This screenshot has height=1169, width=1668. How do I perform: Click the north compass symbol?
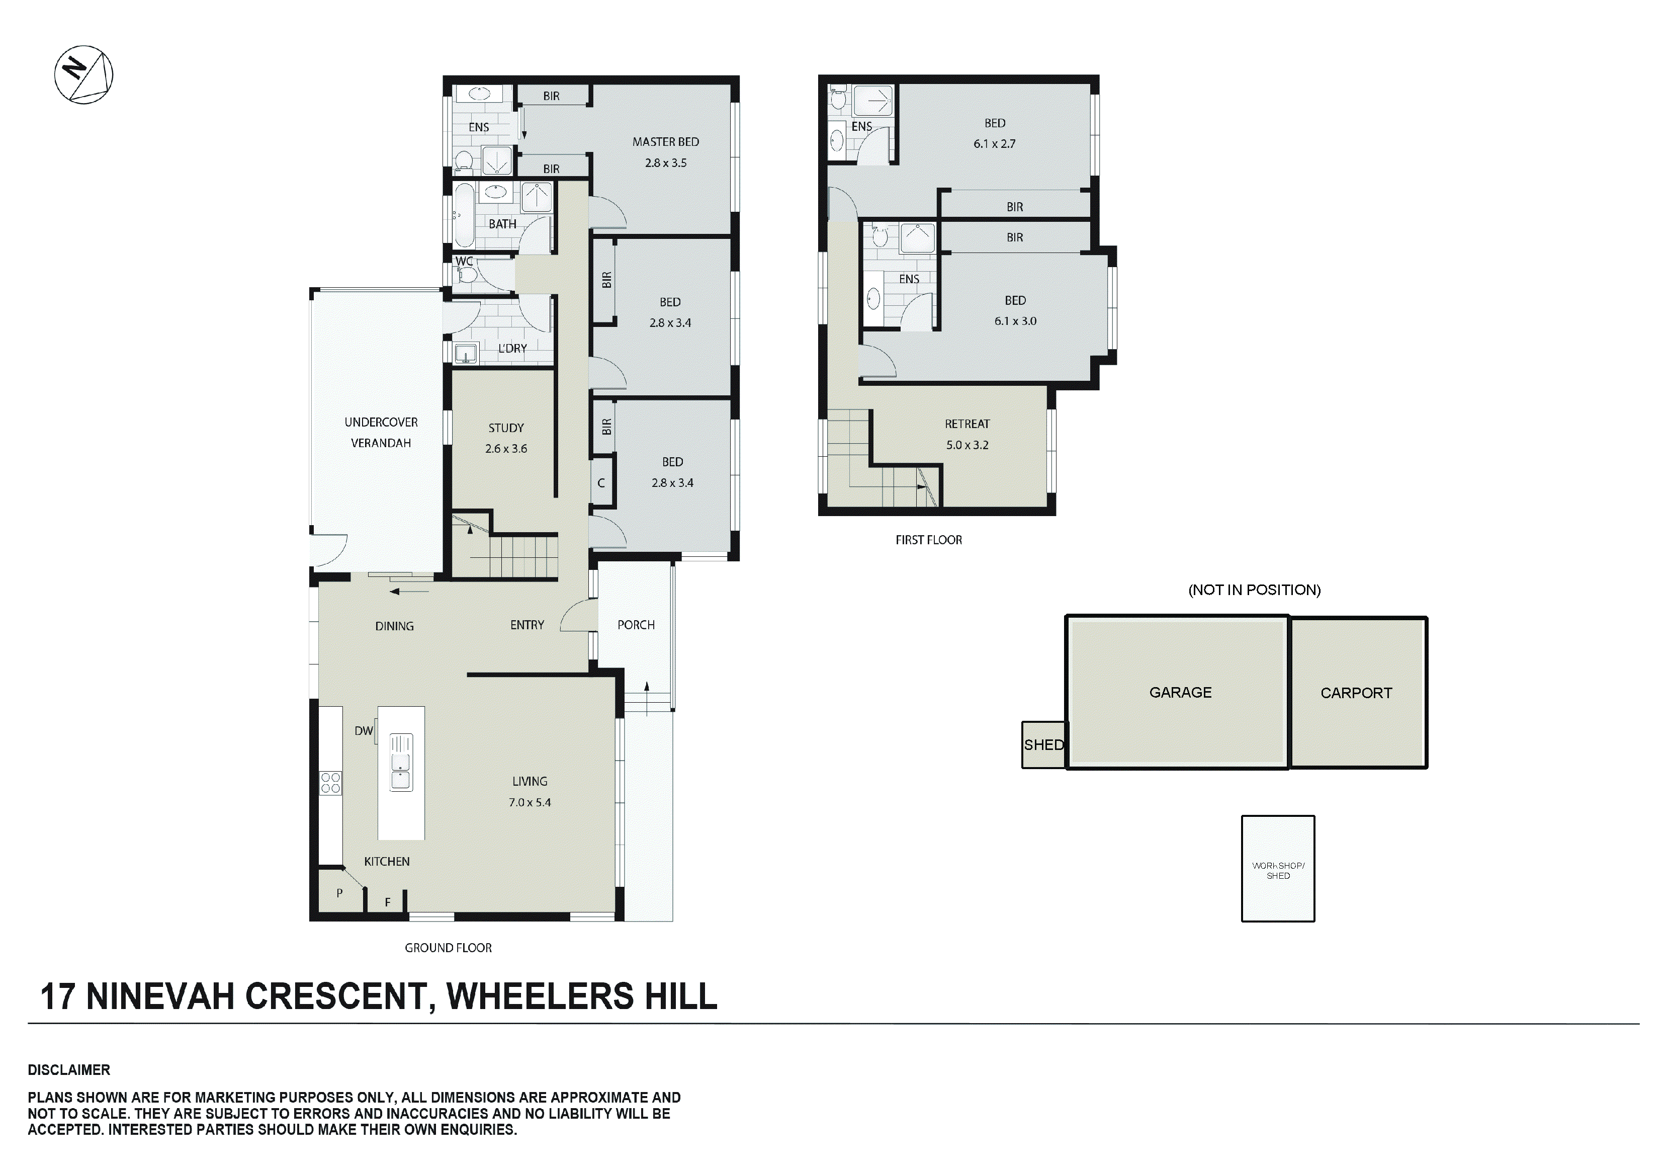click(x=83, y=75)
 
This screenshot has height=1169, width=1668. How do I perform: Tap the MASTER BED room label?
click(x=665, y=142)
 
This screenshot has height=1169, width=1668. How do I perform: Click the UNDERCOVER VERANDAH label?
click(x=381, y=432)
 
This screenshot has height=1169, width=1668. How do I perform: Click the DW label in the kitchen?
click(x=363, y=731)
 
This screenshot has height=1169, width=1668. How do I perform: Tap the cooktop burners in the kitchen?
click(x=330, y=783)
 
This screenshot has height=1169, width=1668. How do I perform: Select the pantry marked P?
click(x=339, y=893)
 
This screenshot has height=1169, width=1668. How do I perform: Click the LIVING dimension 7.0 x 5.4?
click(x=529, y=803)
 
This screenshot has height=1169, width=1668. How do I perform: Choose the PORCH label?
click(x=636, y=625)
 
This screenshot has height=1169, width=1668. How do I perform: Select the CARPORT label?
click(x=1356, y=693)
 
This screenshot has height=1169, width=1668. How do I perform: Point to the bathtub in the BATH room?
click(x=464, y=216)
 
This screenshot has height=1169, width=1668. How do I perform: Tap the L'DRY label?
click(x=512, y=349)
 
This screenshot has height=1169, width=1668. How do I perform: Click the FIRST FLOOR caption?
click(x=928, y=540)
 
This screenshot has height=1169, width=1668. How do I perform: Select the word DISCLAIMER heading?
click(x=69, y=1069)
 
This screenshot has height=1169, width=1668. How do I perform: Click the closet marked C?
click(x=601, y=483)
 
